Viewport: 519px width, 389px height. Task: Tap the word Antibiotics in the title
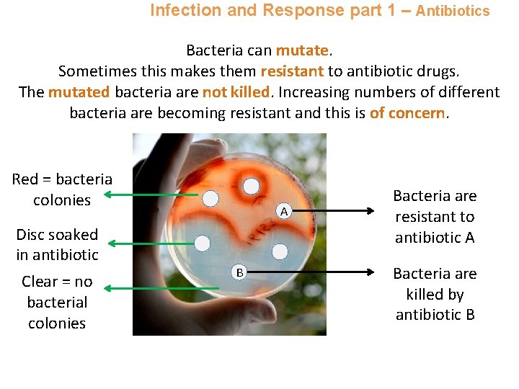(453, 11)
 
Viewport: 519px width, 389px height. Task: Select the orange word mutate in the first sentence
(302, 50)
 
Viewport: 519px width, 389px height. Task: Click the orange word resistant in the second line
(291, 71)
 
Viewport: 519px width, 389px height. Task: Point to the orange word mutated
(79, 92)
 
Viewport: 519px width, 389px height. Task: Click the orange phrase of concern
(408, 113)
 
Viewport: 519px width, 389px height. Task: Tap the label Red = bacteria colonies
(62, 189)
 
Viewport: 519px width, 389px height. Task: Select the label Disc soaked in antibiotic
(57, 244)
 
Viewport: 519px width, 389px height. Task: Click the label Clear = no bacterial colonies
(57, 302)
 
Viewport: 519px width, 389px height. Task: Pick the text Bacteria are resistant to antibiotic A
(435, 216)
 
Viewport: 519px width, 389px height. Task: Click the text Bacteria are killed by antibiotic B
(435, 294)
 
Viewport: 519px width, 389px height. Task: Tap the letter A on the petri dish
(285, 212)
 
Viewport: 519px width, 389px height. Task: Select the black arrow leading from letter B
(317, 272)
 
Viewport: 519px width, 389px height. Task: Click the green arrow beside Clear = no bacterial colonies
(151, 287)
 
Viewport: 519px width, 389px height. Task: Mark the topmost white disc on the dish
(251, 185)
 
